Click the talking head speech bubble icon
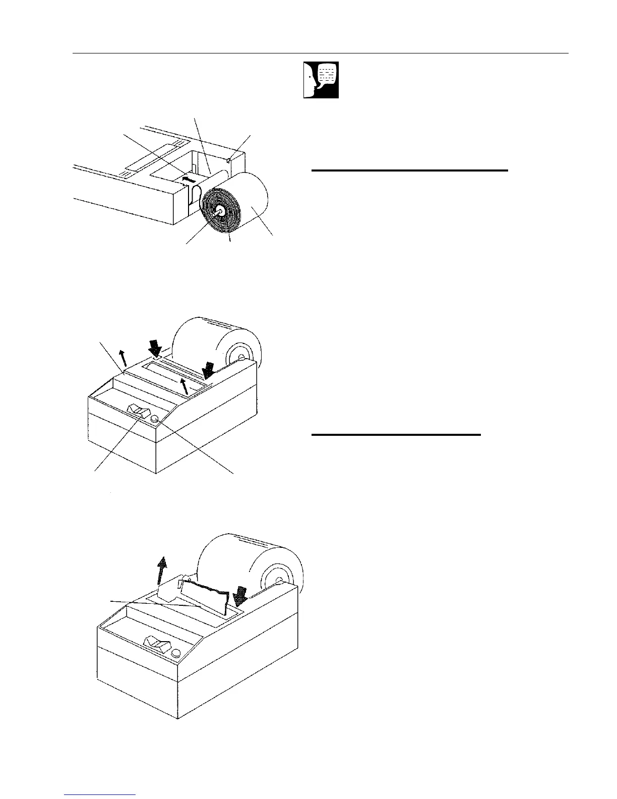coord(321,80)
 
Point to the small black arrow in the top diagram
coord(188,179)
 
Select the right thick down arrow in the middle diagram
coord(208,372)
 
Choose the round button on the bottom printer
coord(176,653)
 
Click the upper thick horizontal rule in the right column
coord(410,171)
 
